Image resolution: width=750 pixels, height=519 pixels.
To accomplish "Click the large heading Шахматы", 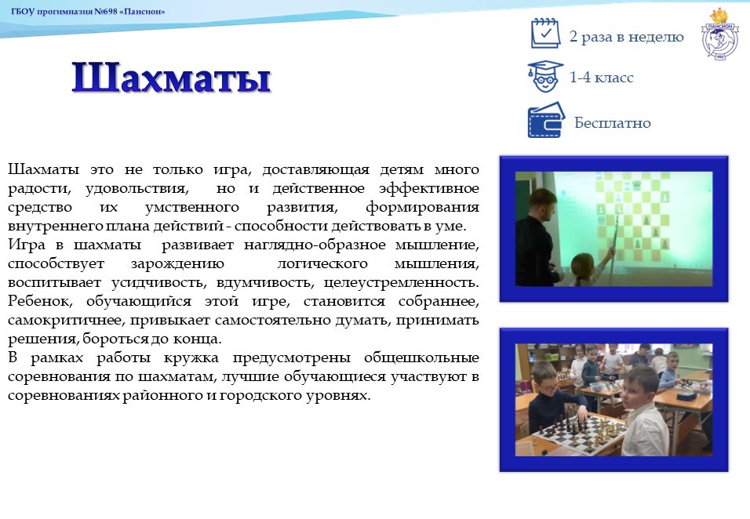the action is pos(171,78).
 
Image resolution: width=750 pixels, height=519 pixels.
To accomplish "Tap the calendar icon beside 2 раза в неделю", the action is pos(545,34).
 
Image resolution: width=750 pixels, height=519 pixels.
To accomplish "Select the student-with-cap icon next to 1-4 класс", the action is pos(544,77).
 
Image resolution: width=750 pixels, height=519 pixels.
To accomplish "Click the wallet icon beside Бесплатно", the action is pos(546,121).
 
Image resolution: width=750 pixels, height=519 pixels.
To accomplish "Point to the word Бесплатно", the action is pos(612,123).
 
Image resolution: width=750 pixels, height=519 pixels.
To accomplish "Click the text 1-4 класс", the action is pos(601,78).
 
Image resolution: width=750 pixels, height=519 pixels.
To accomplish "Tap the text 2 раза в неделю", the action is pos(627,37).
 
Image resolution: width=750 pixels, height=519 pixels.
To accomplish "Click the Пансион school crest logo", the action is pos(719,34).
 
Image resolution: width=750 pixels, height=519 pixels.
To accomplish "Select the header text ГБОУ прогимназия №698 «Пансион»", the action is pos(88,12).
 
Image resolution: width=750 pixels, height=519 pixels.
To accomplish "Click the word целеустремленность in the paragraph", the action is pos(401,282).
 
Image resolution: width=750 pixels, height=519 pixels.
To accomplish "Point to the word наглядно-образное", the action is pos(315,245).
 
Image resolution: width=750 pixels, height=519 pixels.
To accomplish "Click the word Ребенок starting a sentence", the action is pos(40,301).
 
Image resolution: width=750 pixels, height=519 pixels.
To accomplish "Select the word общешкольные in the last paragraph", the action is pos(421,358).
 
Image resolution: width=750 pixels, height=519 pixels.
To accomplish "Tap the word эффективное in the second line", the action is pos(429,189).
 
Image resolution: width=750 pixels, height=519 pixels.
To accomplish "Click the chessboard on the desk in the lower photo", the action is pos(580,432).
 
